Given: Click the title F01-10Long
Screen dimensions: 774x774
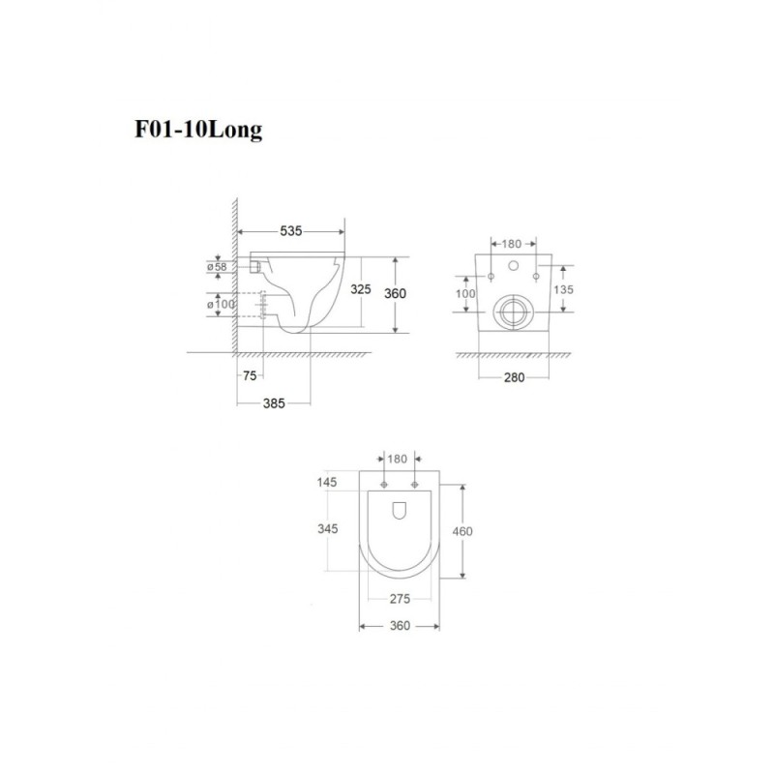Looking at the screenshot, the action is pyautogui.click(x=198, y=131).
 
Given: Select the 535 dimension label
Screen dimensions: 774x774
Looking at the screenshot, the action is pyautogui.click(x=291, y=231).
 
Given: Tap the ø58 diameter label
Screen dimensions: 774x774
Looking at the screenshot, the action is pyautogui.click(x=217, y=267).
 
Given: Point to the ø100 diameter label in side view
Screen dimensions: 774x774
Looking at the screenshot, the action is pyautogui.click(x=221, y=304).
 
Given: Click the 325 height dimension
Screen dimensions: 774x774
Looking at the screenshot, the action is pyautogui.click(x=360, y=289).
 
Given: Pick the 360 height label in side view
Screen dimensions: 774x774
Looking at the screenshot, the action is pyautogui.click(x=395, y=294).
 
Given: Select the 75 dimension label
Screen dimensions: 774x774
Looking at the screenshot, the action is pyautogui.click(x=250, y=376).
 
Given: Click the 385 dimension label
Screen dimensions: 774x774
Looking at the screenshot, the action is pyautogui.click(x=274, y=403).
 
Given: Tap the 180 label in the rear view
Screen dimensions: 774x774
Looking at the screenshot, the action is pyautogui.click(x=512, y=244).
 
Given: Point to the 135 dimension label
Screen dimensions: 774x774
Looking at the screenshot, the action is pyautogui.click(x=563, y=289).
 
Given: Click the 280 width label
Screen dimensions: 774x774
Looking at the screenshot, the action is pyautogui.click(x=514, y=377).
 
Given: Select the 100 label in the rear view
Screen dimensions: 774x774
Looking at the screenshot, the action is pyautogui.click(x=465, y=294).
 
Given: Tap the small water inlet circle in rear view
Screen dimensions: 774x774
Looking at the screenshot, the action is pyautogui.click(x=514, y=266).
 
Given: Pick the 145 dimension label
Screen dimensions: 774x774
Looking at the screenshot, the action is pyautogui.click(x=327, y=482).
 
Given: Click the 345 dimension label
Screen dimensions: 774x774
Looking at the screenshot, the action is pyautogui.click(x=327, y=529).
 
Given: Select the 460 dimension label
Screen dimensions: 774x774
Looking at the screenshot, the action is pyautogui.click(x=462, y=531).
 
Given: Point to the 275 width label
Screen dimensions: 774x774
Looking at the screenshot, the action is pyautogui.click(x=400, y=599).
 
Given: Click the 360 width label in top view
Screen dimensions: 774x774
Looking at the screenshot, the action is pyautogui.click(x=400, y=626).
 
